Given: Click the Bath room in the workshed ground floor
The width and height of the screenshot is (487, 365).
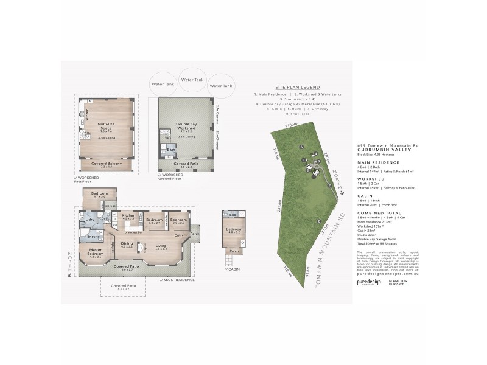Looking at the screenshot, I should point(172,149).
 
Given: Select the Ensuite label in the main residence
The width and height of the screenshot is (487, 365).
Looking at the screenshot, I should point(93,236).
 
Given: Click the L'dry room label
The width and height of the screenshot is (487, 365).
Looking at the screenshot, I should point(88,219).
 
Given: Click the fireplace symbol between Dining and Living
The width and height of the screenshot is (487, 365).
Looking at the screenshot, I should point(145,247).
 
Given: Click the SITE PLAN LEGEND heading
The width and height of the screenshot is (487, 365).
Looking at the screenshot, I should point(298,87).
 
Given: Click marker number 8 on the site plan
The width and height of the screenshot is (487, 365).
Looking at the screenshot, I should point(319,221).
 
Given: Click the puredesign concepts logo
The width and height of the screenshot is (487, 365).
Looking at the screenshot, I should point(368,282).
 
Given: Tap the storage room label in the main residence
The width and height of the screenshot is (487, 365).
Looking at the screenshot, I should point(110,206).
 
